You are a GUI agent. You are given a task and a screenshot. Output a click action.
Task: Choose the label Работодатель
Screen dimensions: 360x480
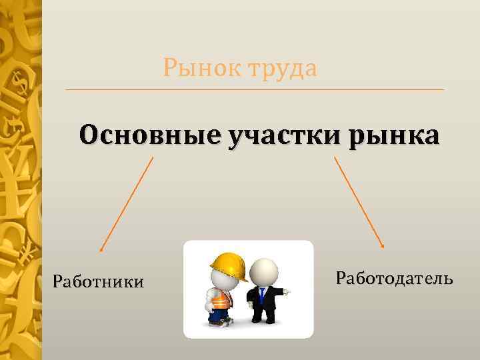[395, 278]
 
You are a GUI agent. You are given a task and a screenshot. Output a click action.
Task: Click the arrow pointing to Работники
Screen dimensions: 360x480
[127, 204]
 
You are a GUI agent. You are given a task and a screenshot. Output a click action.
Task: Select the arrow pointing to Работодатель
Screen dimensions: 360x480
[359, 203]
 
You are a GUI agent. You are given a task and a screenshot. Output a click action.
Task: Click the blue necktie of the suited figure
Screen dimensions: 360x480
[263, 295]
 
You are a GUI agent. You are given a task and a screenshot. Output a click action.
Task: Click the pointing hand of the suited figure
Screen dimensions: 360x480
[285, 291]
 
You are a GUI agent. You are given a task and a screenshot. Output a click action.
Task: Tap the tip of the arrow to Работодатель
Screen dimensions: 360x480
[383, 247]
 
